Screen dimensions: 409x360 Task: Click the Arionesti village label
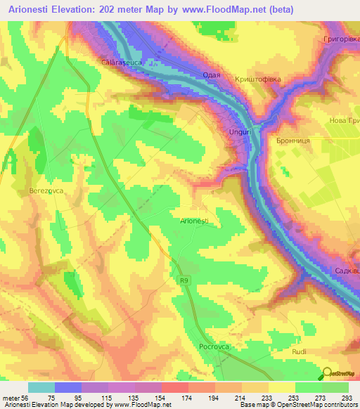[194, 221]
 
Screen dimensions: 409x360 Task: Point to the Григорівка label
[340, 39]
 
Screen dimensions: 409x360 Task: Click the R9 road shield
[181, 280]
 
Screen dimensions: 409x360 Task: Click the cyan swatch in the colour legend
[41, 387]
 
